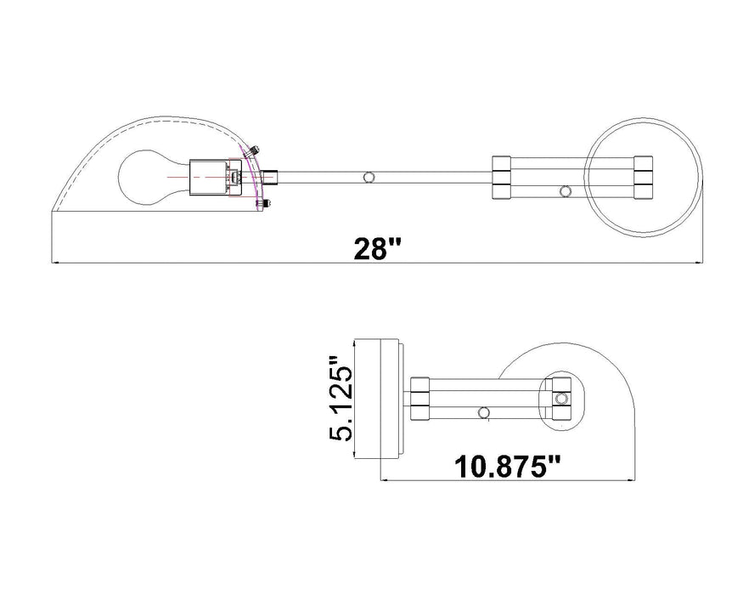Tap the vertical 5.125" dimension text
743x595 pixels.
tap(341, 399)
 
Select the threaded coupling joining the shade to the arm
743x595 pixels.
tap(270, 177)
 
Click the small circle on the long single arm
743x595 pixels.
tap(368, 177)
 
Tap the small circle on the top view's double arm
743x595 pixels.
tap(566, 191)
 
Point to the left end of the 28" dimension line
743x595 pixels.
tap(54, 264)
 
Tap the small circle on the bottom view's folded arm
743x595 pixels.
tap(484, 412)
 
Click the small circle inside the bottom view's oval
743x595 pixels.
tap(560, 398)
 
